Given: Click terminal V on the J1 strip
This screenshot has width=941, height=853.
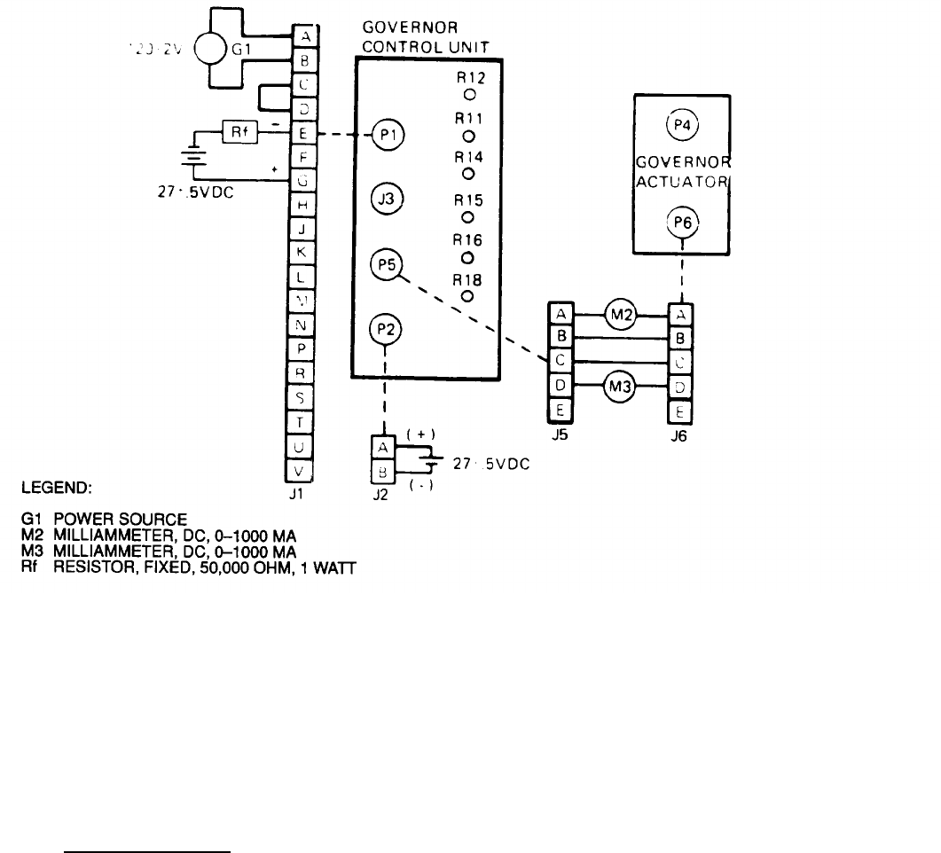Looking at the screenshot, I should [301, 471].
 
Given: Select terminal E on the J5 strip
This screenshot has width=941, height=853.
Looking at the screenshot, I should [561, 411].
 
